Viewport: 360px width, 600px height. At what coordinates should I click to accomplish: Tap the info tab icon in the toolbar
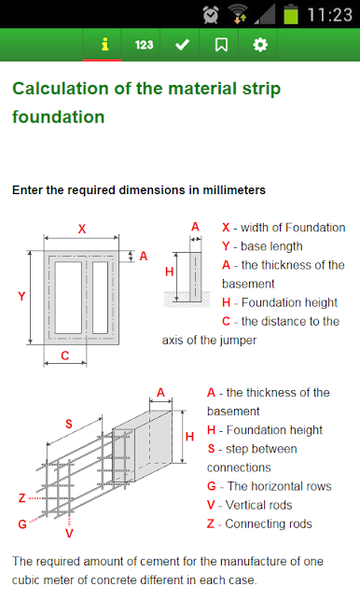click(x=104, y=45)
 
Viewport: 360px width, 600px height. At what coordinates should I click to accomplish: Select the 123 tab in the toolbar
click(x=144, y=45)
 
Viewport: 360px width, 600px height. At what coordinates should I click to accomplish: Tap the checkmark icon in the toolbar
click(x=182, y=45)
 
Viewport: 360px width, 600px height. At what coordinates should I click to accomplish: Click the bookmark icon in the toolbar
click(x=221, y=45)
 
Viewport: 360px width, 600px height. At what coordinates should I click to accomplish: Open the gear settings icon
click(x=260, y=45)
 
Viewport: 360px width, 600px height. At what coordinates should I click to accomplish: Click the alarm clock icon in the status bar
click(x=211, y=15)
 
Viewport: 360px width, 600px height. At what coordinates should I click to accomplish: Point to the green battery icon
click(x=291, y=14)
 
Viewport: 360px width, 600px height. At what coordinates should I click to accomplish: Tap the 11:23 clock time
click(x=330, y=15)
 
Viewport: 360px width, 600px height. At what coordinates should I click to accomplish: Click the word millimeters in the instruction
click(x=234, y=190)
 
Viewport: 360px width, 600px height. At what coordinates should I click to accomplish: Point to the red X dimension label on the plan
click(x=82, y=229)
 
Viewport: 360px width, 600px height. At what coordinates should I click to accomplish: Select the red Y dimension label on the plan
click(x=21, y=296)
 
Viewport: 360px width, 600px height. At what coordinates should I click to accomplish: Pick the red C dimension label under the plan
click(x=65, y=356)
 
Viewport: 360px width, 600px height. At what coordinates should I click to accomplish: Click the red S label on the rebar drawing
click(x=69, y=424)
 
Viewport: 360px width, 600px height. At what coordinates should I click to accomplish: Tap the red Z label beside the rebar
click(x=22, y=498)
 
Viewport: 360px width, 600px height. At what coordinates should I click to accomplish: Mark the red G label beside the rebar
click(x=22, y=523)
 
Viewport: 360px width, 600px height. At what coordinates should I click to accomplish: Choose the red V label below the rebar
click(x=69, y=533)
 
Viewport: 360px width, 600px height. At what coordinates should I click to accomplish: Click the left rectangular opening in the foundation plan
click(x=68, y=298)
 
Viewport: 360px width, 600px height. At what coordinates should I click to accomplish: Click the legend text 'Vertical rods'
click(x=259, y=505)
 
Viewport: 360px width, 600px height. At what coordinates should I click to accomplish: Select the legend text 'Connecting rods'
click(x=269, y=523)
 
